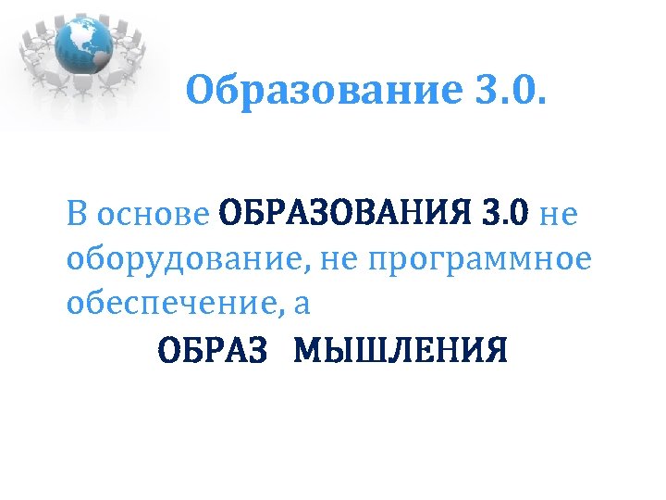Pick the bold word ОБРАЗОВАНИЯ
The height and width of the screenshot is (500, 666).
[x=346, y=215]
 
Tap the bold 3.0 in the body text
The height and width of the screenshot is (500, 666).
[x=505, y=215]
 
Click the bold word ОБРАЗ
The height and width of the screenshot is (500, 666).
[x=213, y=351]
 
